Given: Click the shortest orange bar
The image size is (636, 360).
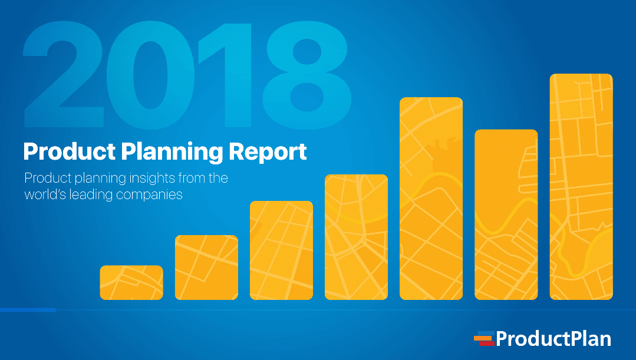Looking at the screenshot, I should (131, 283).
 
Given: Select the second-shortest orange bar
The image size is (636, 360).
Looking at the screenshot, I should (206, 267).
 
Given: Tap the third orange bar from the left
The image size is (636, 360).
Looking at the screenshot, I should (281, 250).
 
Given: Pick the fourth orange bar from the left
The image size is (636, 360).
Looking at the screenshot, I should (356, 237).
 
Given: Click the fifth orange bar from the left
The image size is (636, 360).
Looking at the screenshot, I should (431, 199).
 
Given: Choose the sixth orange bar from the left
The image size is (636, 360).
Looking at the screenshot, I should (506, 214).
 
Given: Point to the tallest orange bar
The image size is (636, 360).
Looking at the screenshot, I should (581, 187).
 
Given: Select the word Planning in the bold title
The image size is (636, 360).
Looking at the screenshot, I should (171, 152).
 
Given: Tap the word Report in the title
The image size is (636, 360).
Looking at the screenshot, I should (268, 152).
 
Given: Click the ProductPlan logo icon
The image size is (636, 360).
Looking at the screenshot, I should (483, 339).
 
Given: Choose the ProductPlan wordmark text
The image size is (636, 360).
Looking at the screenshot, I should (553, 339).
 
